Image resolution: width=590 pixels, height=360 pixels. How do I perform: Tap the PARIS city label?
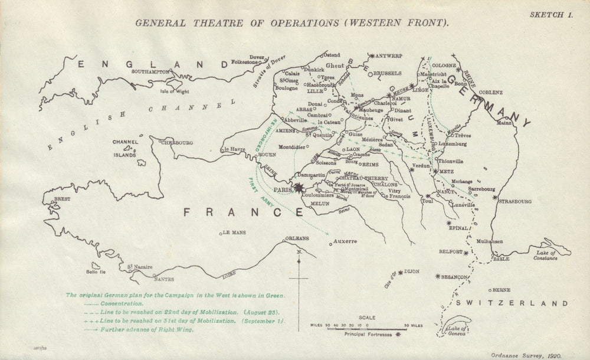pos(283,189)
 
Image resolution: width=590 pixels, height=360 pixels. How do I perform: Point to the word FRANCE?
pos(215,212)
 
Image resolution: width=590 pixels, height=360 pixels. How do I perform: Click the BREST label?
pos(62,199)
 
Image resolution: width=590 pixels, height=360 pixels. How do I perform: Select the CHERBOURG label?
pos(175,142)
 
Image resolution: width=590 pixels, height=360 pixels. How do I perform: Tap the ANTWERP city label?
pos(388,54)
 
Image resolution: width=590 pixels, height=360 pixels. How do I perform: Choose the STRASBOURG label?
pos(514,201)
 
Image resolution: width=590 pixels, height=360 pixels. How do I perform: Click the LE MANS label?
pos(233,233)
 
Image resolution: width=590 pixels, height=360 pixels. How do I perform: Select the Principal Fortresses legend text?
pos(370,334)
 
